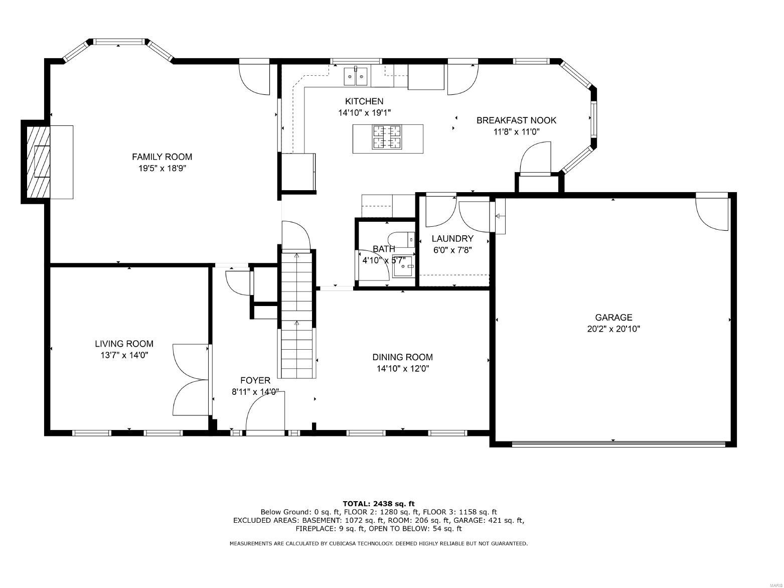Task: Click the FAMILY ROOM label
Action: (x=162, y=157)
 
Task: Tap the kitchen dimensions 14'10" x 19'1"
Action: (x=364, y=113)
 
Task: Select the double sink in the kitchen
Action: (x=356, y=76)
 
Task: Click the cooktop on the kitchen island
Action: (x=387, y=137)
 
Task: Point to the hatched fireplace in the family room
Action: (x=38, y=162)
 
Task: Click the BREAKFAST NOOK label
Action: (x=516, y=120)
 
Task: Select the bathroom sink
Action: (x=403, y=266)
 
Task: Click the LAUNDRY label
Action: (x=452, y=239)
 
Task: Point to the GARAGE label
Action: (x=613, y=318)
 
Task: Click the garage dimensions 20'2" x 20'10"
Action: (x=613, y=330)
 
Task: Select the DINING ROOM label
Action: (x=402, y=357)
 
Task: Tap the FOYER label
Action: (x=255, y=381)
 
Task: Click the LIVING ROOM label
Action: (x=124, y=344)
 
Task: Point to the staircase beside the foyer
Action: (x=297, y=316)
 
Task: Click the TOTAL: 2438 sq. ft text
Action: (x=379, y=504)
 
